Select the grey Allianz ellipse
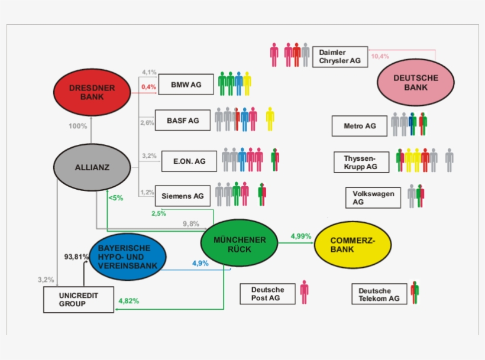tap(92, 167)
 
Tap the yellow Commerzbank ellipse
tap(353, 245)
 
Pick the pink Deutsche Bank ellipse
tap(415, 82)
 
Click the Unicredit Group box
tap(78, 300)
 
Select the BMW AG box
tap(186, 85)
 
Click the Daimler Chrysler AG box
tap(339, 57)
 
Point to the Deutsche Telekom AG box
tap(379, 294)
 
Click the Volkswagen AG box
tap(373, 197)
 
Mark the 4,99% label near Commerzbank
tap(300, 236)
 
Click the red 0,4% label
tap(148, 87)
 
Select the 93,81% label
tap(76, 257)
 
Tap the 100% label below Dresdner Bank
tap(77, 126)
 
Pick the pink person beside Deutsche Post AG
tap(304, 292)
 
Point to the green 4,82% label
tap(129, 301)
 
